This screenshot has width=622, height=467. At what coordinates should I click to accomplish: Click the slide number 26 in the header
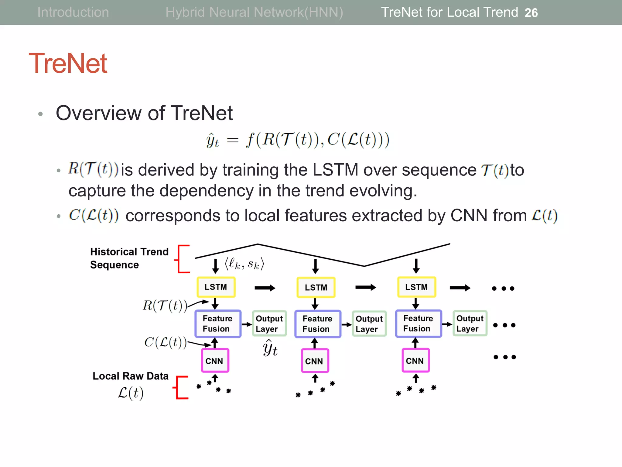(531, 13)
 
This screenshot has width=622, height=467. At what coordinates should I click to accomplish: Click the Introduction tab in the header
(73, 12)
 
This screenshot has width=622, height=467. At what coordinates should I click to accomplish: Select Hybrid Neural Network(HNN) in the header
(254, 12)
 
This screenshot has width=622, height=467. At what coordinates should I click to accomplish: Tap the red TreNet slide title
(68, 63)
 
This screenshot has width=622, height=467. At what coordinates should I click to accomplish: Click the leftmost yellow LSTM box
(216, 287)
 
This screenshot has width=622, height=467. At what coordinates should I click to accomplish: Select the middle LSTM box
(316, 287)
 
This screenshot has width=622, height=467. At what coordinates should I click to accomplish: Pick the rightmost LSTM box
(416, 287)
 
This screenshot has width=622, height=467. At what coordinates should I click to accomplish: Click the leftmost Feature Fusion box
(217, 323)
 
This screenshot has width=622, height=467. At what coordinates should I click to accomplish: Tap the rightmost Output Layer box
(470, 323)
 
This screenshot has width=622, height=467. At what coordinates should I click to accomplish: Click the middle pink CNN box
(314, 361)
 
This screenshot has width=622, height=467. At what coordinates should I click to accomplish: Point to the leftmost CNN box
(214, 361)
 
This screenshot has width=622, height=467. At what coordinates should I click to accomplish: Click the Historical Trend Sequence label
(129, 258)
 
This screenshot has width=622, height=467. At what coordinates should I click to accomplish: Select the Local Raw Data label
(130, 376)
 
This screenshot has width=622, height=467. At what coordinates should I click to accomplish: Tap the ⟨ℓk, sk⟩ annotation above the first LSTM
(244, 264)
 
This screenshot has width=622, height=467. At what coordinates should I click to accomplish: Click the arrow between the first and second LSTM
(265, 288)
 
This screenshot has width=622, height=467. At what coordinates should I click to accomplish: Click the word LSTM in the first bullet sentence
(335, 170)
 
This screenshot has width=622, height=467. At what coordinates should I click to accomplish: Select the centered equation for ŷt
(298, 140)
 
